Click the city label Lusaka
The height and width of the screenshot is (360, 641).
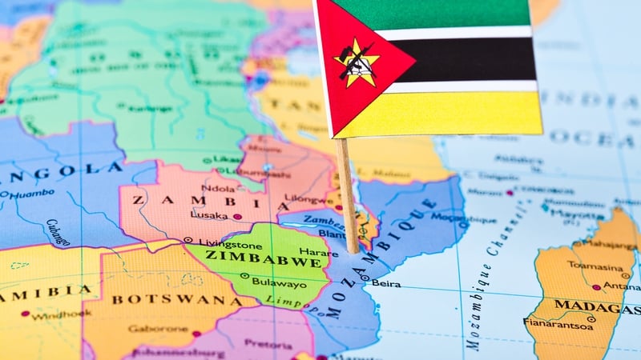(209, 215)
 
